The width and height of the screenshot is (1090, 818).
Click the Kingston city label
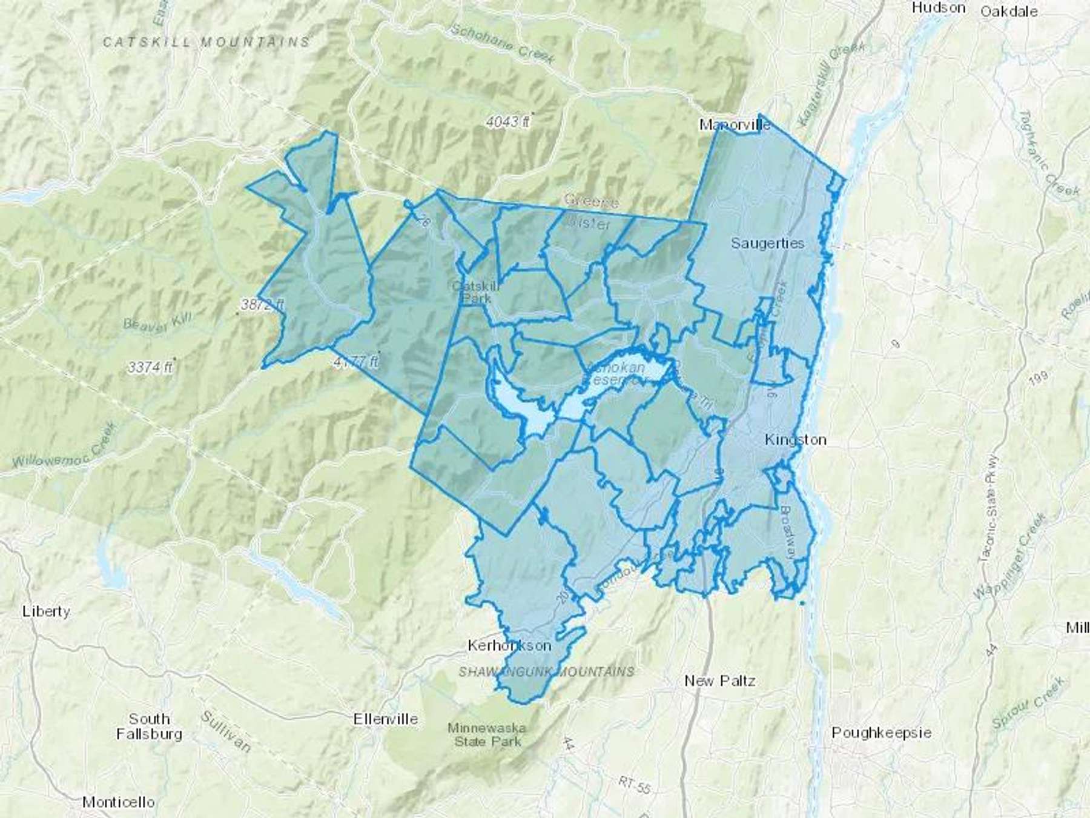click(795, 439)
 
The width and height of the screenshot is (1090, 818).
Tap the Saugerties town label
click(767, 243)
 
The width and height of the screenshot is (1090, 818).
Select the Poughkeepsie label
click(881, 733)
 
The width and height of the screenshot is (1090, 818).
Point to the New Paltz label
click(719, 680)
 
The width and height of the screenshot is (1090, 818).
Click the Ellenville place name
click(386, 719)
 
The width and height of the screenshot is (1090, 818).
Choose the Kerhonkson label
click(509, 645)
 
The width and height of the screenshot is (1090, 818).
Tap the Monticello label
click(118, 802)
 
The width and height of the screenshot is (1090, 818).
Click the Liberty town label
click(46, 611)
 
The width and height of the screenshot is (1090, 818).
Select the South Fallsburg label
click(149, 727)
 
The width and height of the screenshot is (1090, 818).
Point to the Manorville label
click(735, 125)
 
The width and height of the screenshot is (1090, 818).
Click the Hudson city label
click(938, 8)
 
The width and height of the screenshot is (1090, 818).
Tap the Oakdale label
click(1009, 11)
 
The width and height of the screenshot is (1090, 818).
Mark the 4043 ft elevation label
click(507, 122)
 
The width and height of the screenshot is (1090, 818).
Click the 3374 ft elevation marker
click(150, 367)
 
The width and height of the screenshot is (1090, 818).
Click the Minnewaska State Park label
click(487, 734)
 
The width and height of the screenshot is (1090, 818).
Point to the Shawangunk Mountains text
click(546, 672)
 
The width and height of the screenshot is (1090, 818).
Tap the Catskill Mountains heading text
click(206, 42)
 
